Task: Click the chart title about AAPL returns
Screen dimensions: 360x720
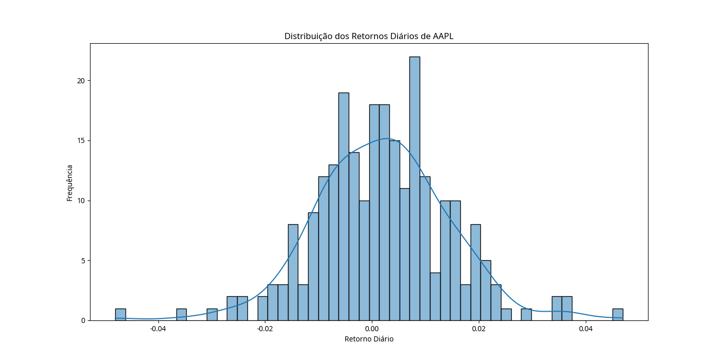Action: coord(369,36)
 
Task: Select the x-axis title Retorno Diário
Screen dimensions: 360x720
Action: coord(369,339)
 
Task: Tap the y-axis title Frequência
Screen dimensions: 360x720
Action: coord(69,183)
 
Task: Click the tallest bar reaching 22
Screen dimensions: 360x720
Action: coord(415,188)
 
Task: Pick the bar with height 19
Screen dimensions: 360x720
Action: coord(344,206)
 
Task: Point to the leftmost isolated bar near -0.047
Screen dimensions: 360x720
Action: coord(120,315)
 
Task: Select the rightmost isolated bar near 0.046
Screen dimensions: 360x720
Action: coord(618,315)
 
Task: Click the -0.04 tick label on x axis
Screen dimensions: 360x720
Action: coord(157,329)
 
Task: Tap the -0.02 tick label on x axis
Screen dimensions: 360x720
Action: coord(264,329)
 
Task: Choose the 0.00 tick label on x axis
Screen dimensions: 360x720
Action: coord(372,329)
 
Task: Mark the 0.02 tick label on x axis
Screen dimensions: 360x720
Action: coord(479,329)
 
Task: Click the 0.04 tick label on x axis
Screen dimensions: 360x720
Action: coord(586,329)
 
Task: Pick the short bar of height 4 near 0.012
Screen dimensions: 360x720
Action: coord(435,297)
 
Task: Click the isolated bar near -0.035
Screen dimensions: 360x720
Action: coord(182,315)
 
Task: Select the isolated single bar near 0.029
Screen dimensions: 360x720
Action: coord(526,315)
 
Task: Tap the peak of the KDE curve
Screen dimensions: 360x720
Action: coord(387,138)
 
